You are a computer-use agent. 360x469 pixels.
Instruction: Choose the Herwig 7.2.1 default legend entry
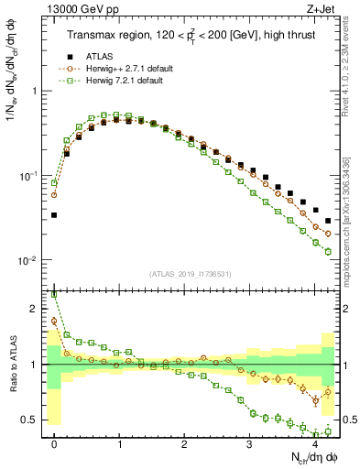115,81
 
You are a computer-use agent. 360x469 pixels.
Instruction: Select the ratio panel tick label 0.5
27,420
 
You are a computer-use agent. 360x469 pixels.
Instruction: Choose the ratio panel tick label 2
34,309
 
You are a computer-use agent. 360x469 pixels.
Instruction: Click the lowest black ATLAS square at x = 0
54,215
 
